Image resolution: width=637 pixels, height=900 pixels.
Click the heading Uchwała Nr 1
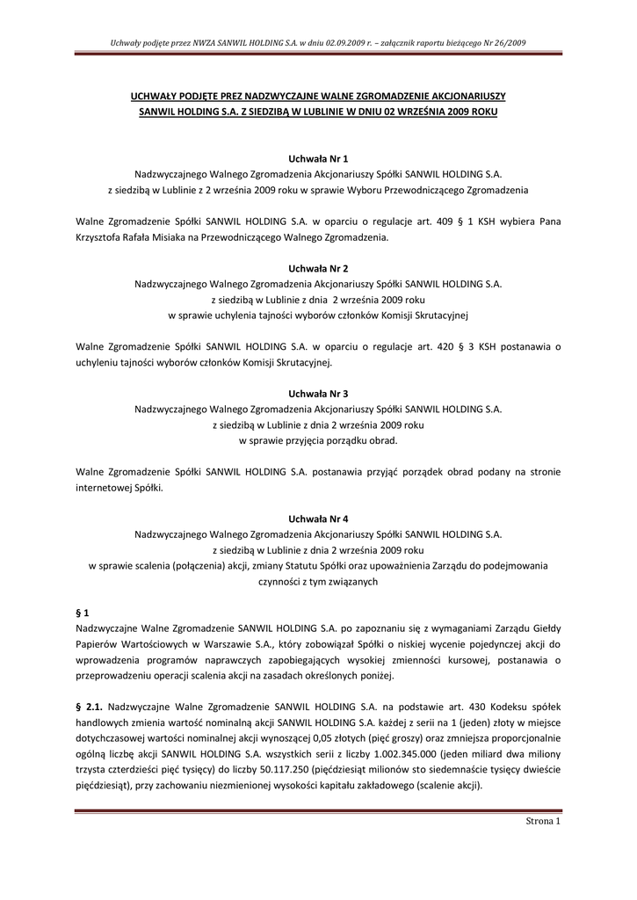tap(318, 158)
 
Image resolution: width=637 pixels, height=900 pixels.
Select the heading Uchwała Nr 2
tap(318, 270)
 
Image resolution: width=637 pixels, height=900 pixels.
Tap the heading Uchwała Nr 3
tap(318, 395)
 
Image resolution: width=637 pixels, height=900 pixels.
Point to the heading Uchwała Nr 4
tap(318, 519)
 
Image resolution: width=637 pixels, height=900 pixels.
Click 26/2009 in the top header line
tap(508, 41)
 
